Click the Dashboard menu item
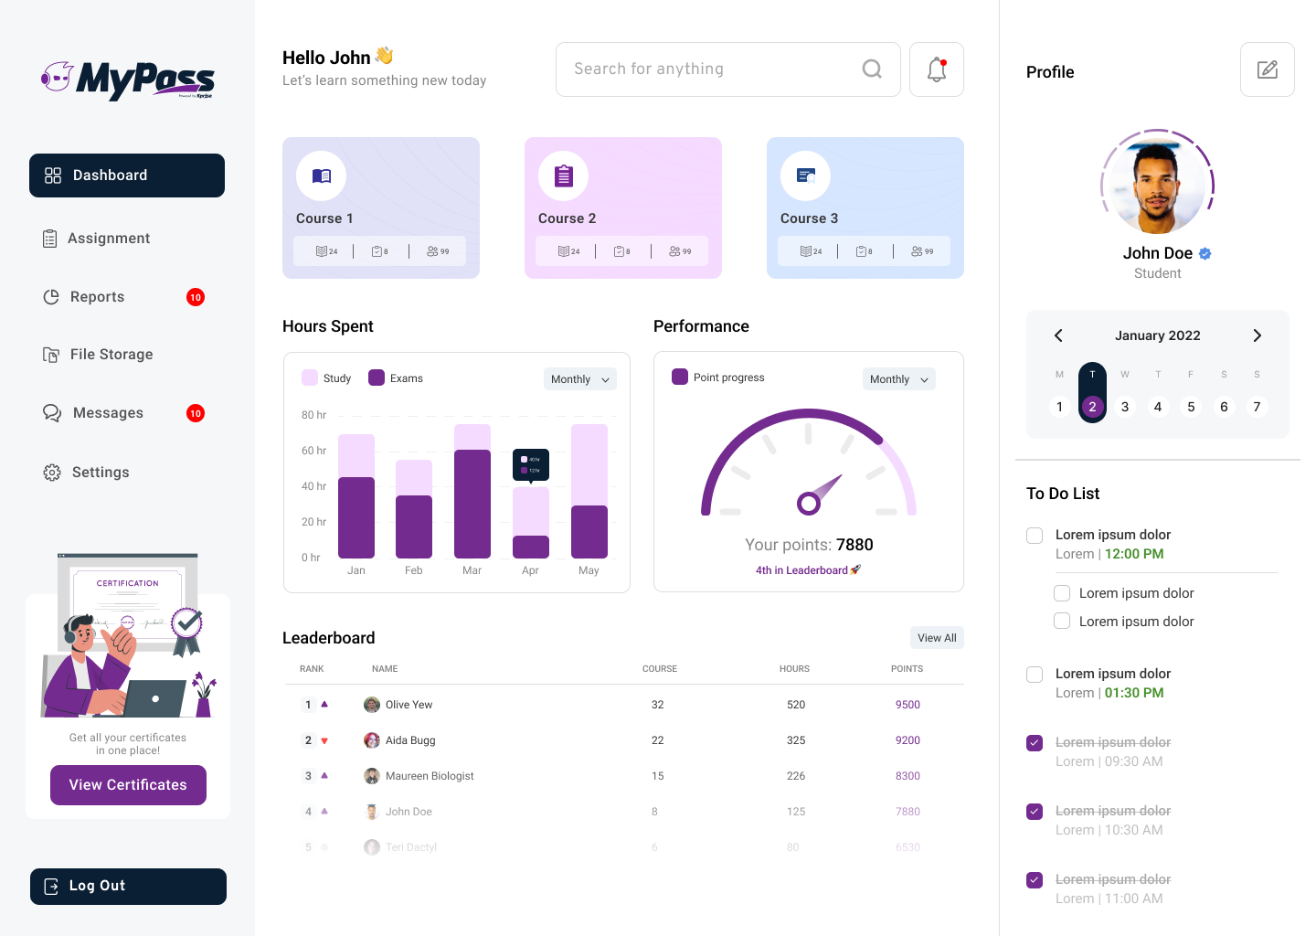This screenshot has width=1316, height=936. coord(127,175)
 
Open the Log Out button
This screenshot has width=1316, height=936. coord(128,887)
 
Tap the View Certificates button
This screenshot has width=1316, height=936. coord(128,785)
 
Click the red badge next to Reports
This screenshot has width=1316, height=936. coord(196,297)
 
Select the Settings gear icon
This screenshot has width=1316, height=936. coord(52,473)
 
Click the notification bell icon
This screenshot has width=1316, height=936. coord(937,69)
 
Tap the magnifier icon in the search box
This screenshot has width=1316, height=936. coord(872,69)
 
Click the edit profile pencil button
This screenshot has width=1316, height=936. coord(1267,69)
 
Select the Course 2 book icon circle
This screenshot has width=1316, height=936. coord(563,175)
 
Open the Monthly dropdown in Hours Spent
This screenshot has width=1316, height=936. coord(580,379)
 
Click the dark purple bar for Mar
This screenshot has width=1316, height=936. coord(472,504)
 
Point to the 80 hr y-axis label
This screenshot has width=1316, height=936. coord(313,415)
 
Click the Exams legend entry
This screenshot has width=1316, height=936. coord(396,378)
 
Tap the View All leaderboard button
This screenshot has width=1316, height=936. coord(937,638)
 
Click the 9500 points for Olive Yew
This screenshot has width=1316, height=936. coord(907,705)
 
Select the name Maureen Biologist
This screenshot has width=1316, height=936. coord(430,776)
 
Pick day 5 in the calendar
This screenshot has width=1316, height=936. coord(1191,407)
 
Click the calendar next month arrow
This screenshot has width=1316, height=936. coord(1257,335)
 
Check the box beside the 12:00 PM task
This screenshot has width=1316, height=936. coord(1035,536)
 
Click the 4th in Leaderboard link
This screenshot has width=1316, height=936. coord(801,570)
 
